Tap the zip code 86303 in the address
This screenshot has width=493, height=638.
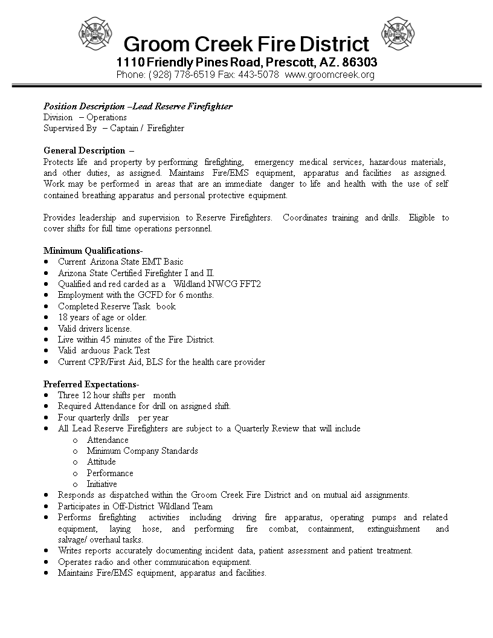coord(360,62)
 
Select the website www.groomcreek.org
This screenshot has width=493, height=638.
coord(329,75)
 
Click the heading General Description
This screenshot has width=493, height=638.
coord(85,150)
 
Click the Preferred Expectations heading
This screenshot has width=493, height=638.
coord(91,384)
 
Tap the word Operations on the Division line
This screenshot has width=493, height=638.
coord(106,117)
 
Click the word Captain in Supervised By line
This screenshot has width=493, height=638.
coord(123,128)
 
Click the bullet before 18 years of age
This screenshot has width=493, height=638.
coord(47,318)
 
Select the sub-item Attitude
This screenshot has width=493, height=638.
coord(101,462)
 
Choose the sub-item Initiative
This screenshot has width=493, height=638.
coord(101,485)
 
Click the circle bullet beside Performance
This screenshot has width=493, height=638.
coord(76,474)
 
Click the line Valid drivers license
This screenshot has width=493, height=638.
coord(94,329)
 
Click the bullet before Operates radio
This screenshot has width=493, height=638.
coord(47,562)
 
